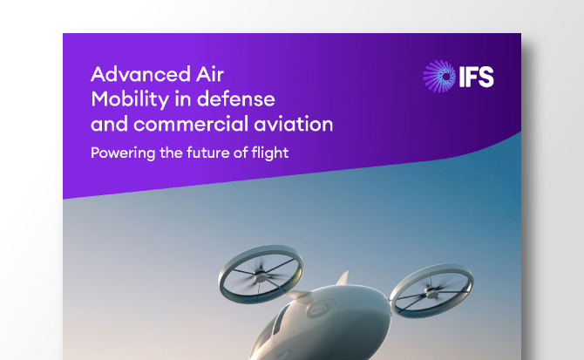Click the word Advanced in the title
click(140, 74)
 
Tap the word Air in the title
click(210, 74)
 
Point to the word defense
click(235, 99)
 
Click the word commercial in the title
click(191, 124)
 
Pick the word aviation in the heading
click(294, 124)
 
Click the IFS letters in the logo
click(477, 77)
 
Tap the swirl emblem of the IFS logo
click(439, 77)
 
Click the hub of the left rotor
click(261, 276)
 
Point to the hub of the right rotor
click(432, 294)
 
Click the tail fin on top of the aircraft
click(343, 278)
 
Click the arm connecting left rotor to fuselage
click(298, 295)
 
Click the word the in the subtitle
click(171, 153)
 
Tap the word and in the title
click(110, 124)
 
